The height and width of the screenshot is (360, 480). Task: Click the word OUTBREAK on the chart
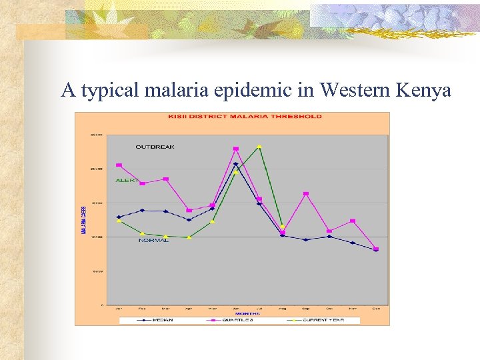[x=155, y=147]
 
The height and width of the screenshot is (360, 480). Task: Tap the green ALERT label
[x=127, y=180]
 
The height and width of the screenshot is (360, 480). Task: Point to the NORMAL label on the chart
[x=153, y=240]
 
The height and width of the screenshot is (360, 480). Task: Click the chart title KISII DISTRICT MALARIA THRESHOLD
[x=244, y=116]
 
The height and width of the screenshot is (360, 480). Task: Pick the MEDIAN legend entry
[x=163, y=320]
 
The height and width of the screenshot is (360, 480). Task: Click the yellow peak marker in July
[x=259, y=146]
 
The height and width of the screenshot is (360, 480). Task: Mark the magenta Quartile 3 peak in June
[x=236, y=149]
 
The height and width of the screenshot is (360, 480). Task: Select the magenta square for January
[x=119, y=165]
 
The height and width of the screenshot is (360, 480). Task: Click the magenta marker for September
[x=306, y=194]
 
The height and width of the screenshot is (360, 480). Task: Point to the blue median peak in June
[x=235, y=164]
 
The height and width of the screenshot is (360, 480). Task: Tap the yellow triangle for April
[x=189, y=237]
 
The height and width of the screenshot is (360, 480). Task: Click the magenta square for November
[x=353, y=221]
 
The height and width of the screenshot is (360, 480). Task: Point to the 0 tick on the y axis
[x=102, y=305]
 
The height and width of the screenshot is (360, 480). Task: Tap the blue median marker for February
[x=142, y=210]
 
